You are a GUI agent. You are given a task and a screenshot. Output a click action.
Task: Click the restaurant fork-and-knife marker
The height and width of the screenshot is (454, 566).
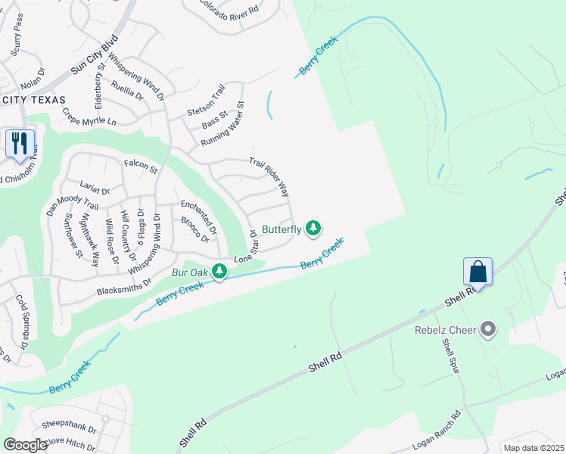20,142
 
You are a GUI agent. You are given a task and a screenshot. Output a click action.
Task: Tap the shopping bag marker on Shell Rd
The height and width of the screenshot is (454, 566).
477,270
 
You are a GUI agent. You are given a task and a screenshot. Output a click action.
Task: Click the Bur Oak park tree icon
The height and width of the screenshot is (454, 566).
219,270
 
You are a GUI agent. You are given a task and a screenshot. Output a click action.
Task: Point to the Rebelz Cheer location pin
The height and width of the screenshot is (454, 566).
488,329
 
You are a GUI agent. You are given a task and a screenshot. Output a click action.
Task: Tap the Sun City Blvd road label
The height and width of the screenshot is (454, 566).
95,54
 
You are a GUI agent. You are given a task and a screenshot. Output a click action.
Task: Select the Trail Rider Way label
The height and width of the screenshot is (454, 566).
269,177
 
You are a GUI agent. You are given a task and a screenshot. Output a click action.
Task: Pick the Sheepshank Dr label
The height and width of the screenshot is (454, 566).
71,428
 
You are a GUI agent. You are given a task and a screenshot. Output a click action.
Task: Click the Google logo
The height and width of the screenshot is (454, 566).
25,444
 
